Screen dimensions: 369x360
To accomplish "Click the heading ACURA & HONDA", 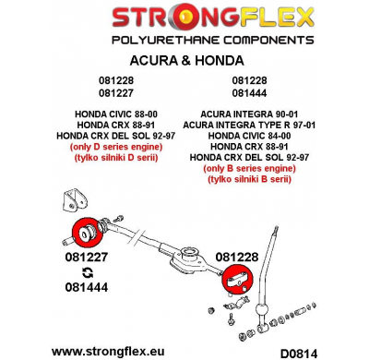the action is (x=184, y=60).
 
